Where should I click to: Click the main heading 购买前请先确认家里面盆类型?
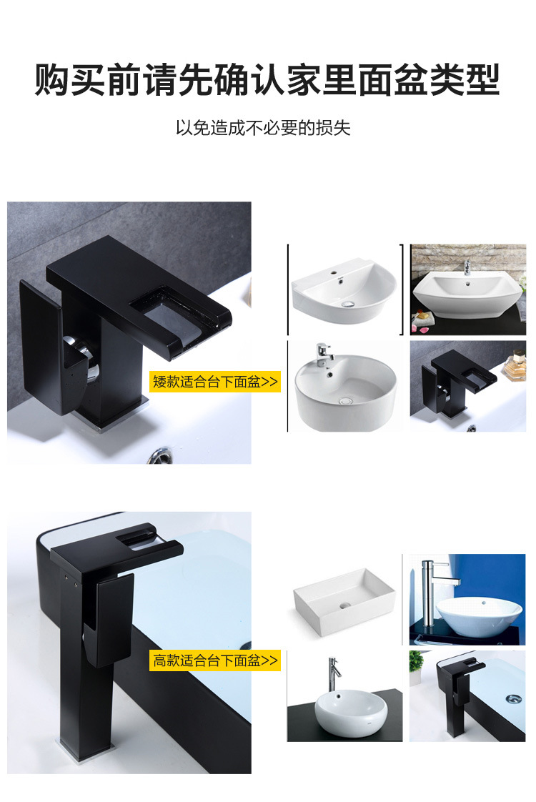(267, 80)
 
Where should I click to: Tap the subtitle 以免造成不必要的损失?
(263, 128)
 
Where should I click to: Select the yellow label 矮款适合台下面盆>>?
(215, 381)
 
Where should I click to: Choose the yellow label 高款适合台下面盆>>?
(215, 660)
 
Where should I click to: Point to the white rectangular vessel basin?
(344, 598)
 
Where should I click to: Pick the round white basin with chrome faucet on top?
(345, 392)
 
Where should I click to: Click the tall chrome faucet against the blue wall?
(427, 590)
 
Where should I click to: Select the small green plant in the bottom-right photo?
(416, 667)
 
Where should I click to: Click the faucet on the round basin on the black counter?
(333, 674)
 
